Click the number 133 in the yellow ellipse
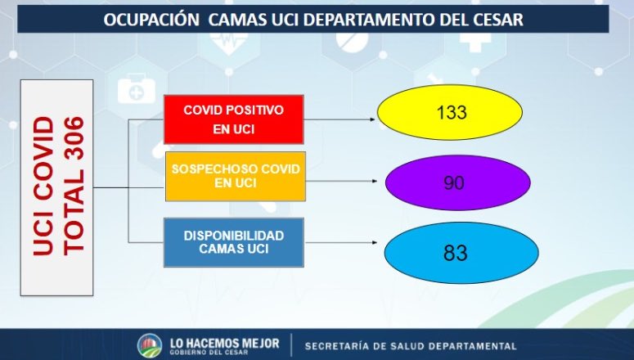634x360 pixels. pos(451,112)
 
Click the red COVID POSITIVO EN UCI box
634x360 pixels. pos(234,119)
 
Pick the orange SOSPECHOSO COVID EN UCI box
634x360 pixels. pos(235,175)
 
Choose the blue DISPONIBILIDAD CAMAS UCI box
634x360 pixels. pos(233,241)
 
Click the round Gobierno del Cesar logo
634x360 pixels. pos(150,345)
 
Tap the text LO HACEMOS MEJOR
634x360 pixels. pos(223,342)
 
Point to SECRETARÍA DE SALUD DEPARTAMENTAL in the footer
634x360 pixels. pos(411,346)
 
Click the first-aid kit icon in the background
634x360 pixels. pos(136,89)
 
